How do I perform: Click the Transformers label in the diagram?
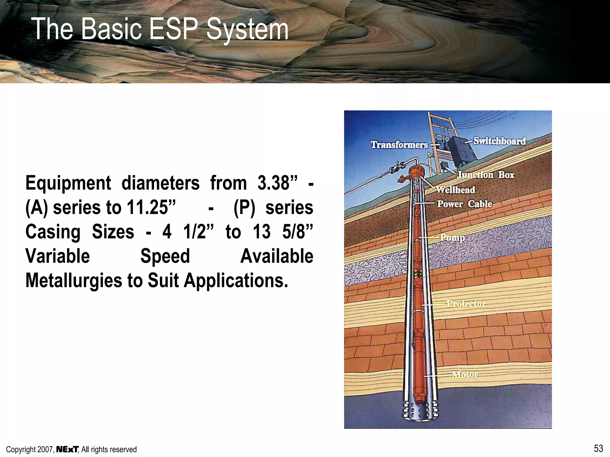pos(399,145)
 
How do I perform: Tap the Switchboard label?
pos(499,141)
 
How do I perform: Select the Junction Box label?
pos(486,175)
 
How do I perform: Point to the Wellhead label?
pos(456,190)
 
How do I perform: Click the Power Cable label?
pos(464,204)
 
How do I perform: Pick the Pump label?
pos(452,237)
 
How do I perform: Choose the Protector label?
pos(466,303)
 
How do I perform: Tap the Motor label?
pos(465,374)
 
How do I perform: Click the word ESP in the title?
pos(173,29)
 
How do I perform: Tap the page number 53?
pos(598,448)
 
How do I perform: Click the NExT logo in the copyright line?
pos(67,449)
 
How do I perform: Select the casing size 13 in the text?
pos(262,231)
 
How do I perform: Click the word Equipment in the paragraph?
pos(68,183)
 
